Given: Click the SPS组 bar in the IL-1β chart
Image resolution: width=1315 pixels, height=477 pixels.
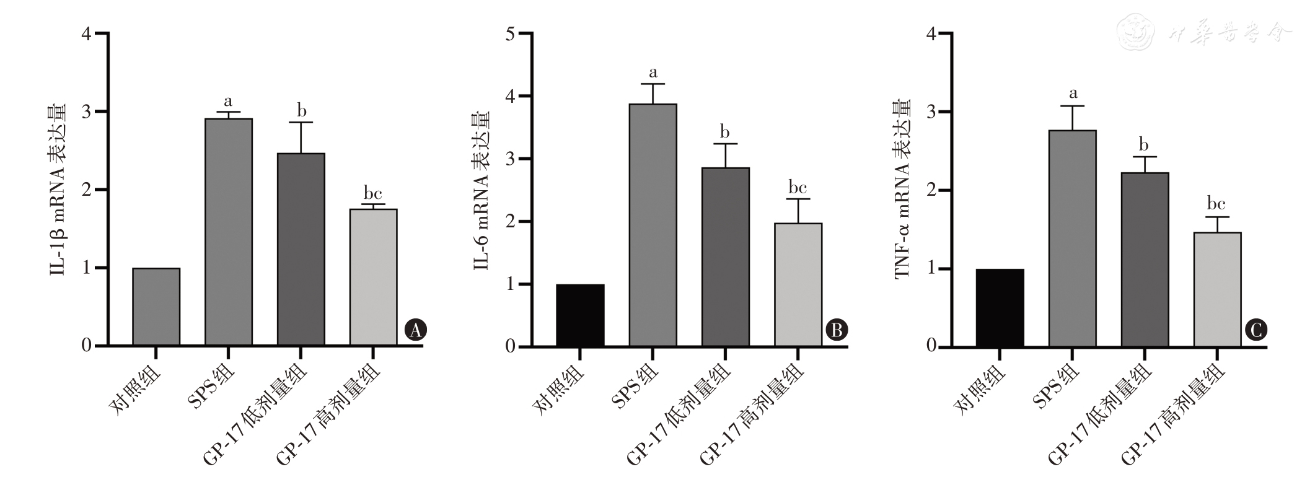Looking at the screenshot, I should pos(228,232).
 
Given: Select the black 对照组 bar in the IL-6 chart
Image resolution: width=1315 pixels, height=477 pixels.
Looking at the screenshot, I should pos(580,315).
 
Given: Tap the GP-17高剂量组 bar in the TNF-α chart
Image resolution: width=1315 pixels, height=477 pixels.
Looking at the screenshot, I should pos(1217,289).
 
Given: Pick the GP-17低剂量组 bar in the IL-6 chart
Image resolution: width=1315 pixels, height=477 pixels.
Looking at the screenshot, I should pos(725,256).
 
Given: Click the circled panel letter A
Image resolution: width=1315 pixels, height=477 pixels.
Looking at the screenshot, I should pos(416,330).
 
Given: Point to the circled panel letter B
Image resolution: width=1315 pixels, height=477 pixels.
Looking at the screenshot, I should pos(837,330).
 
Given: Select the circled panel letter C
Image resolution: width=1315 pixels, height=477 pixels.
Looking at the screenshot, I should pos(1257,330).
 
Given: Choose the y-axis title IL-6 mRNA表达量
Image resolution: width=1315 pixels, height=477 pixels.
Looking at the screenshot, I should pos(481,191).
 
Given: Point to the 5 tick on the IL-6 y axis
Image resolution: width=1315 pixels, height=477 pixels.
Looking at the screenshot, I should pos(511,33).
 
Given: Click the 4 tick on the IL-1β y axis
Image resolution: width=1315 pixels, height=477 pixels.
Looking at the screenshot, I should pos(86,33).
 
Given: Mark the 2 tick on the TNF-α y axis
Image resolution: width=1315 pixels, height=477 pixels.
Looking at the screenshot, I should pos(931,190).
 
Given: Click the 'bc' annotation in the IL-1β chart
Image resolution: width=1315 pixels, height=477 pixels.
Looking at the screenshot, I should pos(372,193).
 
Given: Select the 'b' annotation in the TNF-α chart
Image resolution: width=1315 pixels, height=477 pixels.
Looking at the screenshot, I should pos(1144,146).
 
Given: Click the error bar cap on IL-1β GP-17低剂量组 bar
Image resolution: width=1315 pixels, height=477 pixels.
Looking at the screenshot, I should pos(301,123).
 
